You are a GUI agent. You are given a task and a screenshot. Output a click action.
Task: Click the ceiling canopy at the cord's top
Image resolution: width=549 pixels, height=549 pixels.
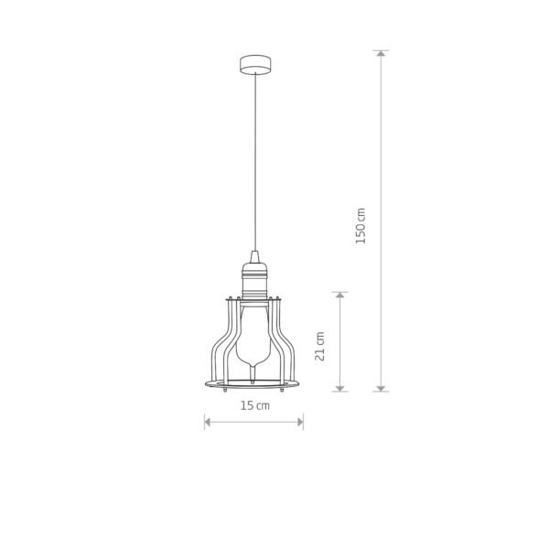tap(253, 64)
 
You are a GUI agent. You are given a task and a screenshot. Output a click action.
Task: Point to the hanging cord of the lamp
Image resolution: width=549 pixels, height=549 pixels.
tap(253, 165)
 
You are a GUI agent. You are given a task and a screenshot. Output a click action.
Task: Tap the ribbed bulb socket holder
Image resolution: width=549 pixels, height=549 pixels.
tap(253, 280)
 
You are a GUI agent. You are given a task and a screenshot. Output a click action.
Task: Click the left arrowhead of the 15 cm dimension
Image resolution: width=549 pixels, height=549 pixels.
tap(207, 422)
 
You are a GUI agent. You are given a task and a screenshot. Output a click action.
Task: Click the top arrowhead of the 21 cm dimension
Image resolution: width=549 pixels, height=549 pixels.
tap(340, 296)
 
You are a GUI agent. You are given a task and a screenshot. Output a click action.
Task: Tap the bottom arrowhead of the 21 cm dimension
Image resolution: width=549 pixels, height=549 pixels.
tap(340, 388)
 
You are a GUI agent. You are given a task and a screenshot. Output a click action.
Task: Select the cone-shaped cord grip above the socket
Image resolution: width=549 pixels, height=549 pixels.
tap(253, 255)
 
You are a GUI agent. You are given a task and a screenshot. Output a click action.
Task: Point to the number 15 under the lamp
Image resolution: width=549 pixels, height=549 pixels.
tap(248, 405)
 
